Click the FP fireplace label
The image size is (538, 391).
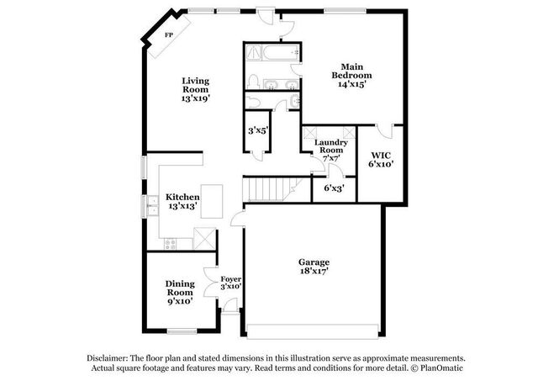coord(168,34)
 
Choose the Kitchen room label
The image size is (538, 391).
coord(182,197)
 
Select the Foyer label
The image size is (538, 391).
coord(230,279)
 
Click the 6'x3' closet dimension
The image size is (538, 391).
coord(335,188)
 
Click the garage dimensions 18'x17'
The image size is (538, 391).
coord(314,271)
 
